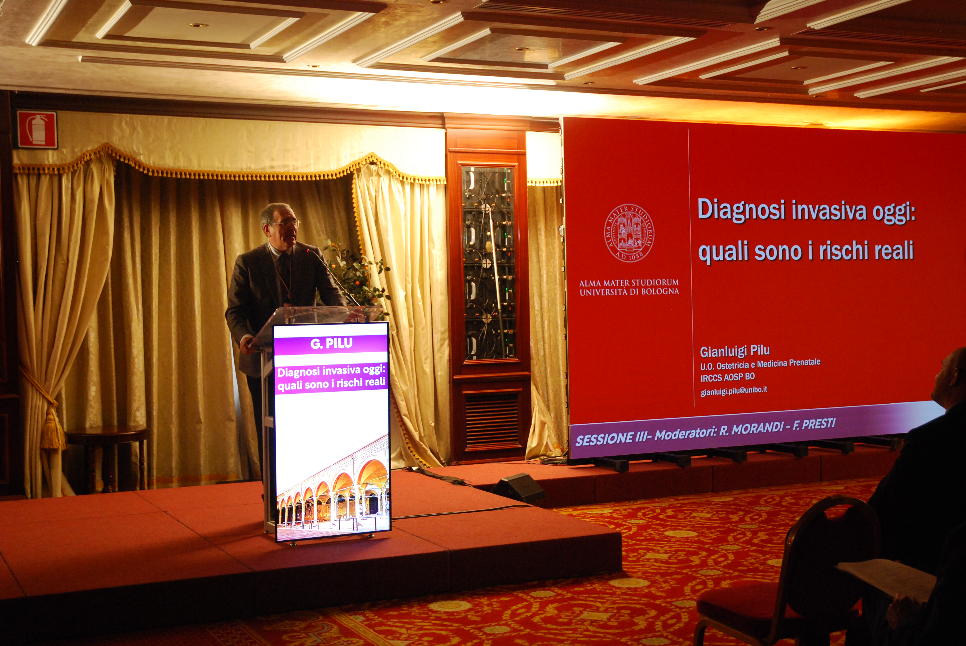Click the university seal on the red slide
(629, 234)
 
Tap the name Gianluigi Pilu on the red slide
(735, 351)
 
